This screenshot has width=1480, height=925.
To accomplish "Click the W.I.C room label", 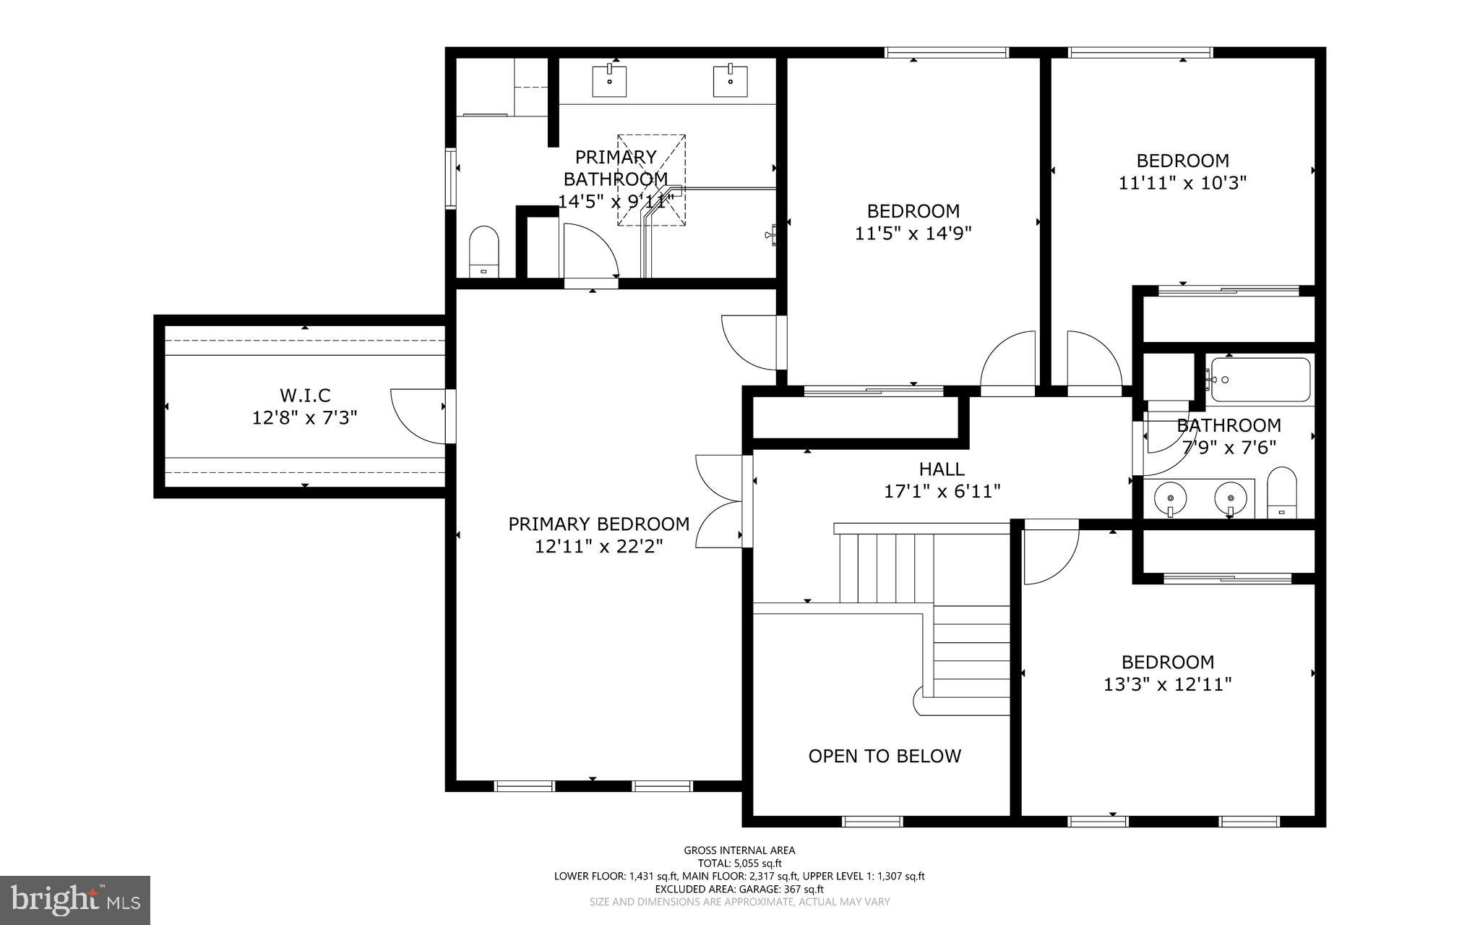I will point(305,396).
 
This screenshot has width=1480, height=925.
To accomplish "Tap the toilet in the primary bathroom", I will point(484,252).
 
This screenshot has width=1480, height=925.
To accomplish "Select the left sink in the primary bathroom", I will point(610,80).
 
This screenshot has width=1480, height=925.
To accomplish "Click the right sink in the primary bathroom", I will point(731,80).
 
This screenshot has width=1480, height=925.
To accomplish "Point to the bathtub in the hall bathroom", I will point(1260,380).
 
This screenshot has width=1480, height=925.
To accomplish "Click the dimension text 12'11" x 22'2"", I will point(598,546).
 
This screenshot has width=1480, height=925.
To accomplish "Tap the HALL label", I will point(942,469).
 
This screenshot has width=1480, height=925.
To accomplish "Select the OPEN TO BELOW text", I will point(885,756).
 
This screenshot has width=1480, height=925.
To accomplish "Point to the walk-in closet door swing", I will point(418,415).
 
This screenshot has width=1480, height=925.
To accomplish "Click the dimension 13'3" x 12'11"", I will point(1167,684).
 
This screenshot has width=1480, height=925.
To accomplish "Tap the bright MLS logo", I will point(75,900).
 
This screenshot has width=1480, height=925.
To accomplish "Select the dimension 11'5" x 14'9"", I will point(913,234).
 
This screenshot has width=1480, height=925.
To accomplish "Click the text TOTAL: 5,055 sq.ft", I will point(739,863).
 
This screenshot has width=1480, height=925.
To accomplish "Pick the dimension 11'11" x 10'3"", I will point(1182,183).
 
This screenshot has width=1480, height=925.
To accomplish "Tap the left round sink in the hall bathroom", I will point(1170,498).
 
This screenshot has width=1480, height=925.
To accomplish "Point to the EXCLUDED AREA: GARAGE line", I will point(739,889).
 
